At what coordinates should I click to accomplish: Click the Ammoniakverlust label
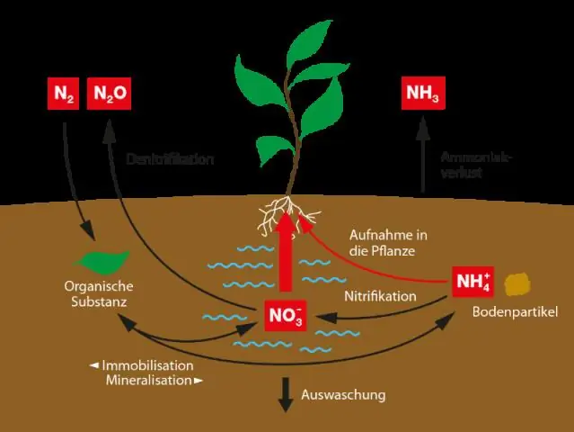[x=476, y=165]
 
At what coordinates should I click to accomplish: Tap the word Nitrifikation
[x=381, y=295]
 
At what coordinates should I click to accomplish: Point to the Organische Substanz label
[x=100, y=294]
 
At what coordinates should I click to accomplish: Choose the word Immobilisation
[x=147, y=365]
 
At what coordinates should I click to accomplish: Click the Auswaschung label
[x=343, y=394]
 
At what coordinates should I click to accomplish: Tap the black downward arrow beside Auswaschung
[x=287, y=393]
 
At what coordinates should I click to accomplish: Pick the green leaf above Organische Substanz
[x=99, y=261]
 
